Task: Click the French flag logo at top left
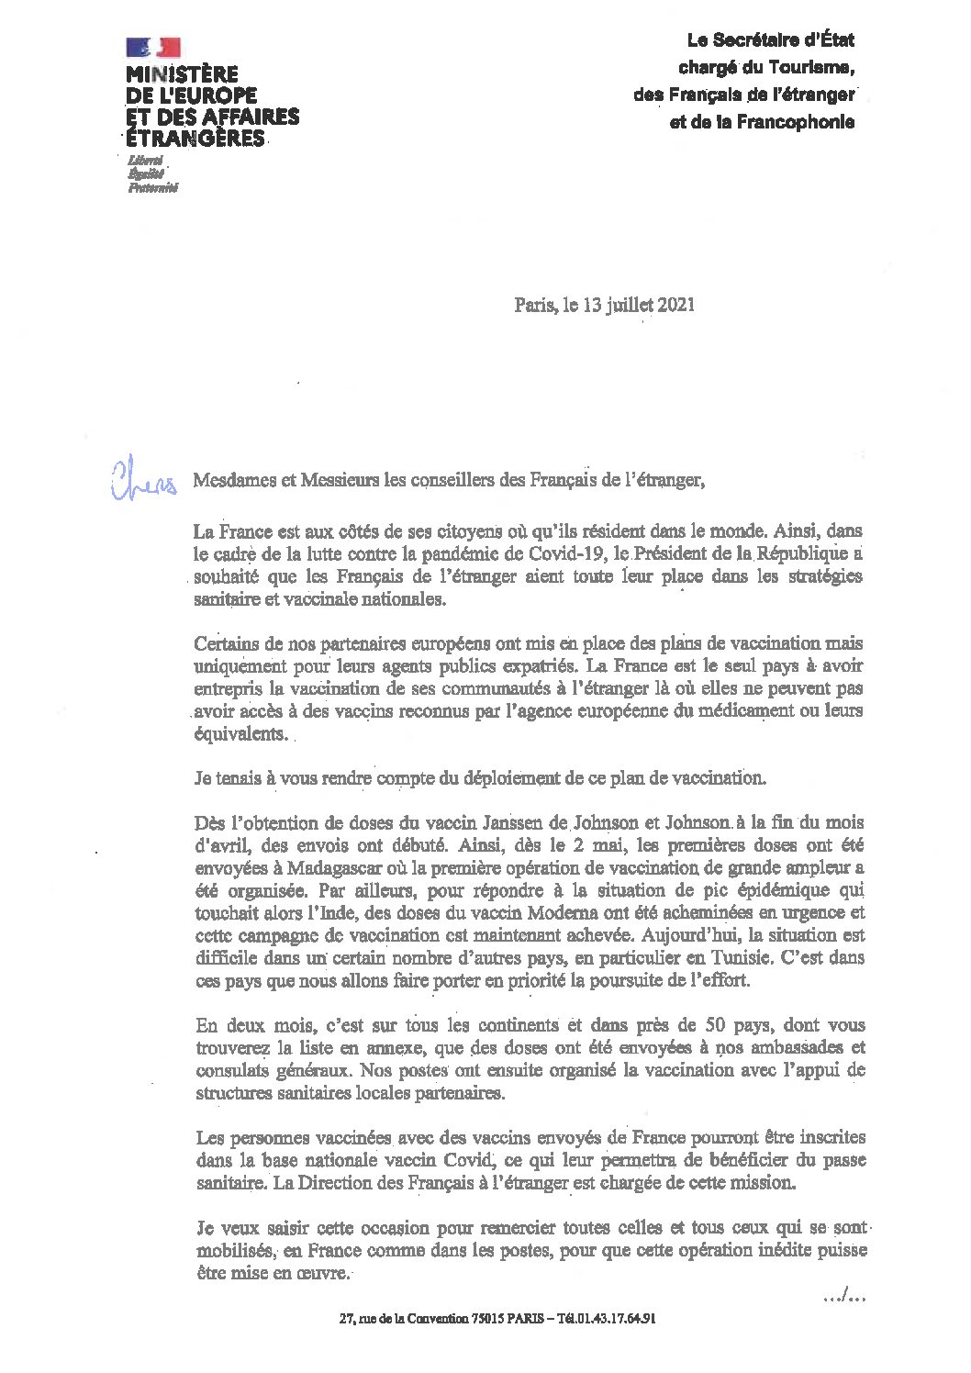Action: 153,48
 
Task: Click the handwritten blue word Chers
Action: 143,481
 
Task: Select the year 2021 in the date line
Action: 675,305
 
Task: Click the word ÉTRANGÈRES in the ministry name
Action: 195,140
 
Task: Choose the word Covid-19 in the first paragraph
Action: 568,553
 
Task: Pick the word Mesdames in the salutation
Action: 229,480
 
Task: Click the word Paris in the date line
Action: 534,305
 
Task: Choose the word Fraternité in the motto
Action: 152,188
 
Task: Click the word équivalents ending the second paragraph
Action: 240,733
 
